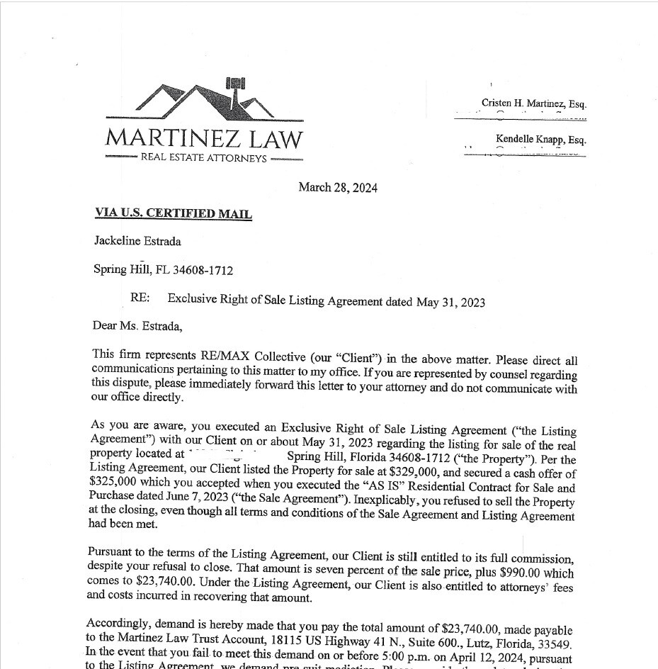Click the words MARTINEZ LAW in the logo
point(204,137)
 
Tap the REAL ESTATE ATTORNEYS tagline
point(204,157)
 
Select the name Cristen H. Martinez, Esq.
point(533,103)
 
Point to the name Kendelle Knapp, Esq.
point(540,140)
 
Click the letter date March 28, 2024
point(338,188)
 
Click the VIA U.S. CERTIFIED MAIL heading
point(174,213)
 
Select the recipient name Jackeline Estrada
point(137,241)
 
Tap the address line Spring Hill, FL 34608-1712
point(163,270)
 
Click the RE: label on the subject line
point(140,298)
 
